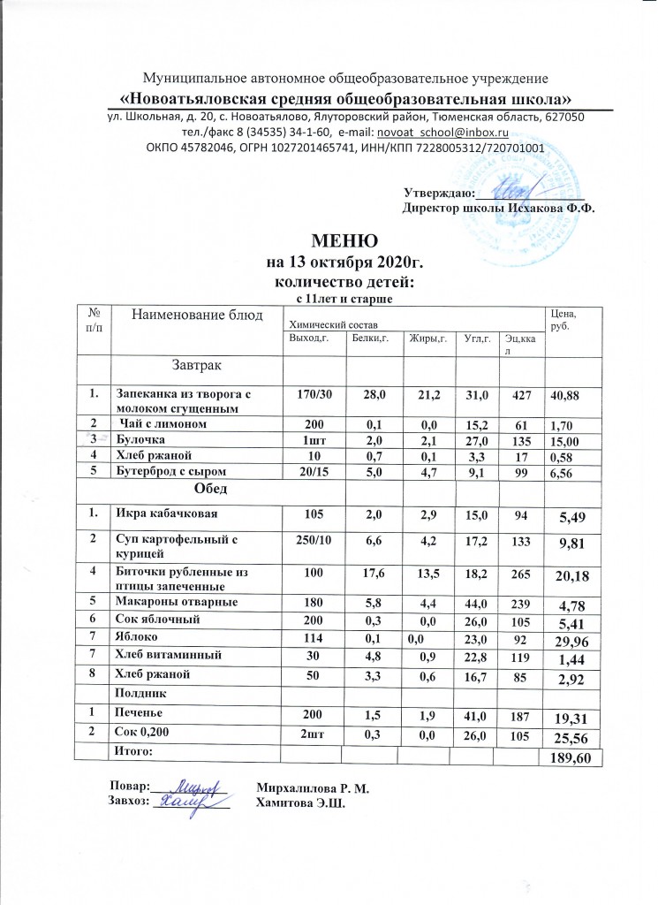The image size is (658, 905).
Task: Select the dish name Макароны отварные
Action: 168,603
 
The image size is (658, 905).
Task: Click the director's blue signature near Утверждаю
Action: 512,187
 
